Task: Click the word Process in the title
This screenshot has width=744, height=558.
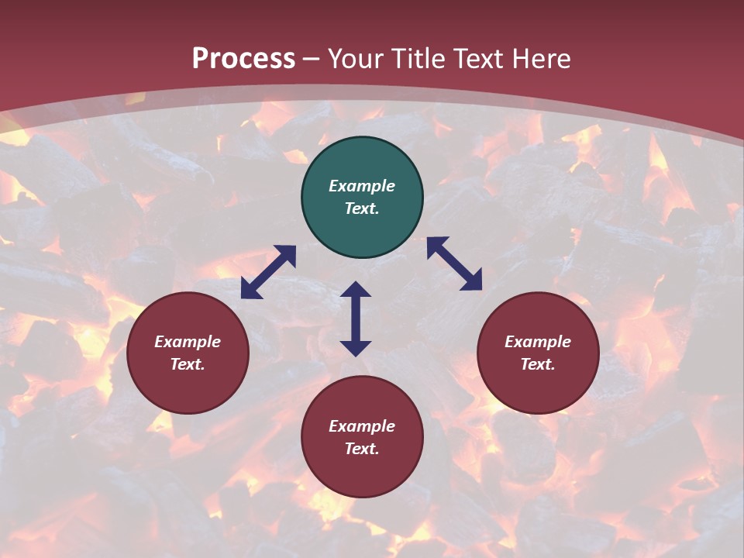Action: (243, 59)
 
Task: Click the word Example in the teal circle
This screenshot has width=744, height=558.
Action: (362, 186)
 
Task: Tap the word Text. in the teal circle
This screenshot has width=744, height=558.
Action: (362, 208)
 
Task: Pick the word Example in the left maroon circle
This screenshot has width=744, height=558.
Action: (188, 342)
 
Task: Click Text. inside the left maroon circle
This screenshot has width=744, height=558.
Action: (188, 364)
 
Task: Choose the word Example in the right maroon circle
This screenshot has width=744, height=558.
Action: (538, 342)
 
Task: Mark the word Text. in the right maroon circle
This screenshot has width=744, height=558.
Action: (538, 364)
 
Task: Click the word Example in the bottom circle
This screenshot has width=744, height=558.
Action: (362, 426)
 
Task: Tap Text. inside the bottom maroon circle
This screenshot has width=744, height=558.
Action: (362, 449)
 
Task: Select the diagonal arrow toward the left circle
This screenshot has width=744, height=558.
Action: (268, 272)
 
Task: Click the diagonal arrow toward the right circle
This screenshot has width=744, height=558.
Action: (454, 263)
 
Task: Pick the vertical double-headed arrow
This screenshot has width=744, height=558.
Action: (356, 319)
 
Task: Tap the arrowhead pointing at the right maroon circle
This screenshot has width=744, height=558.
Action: (472, 281)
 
